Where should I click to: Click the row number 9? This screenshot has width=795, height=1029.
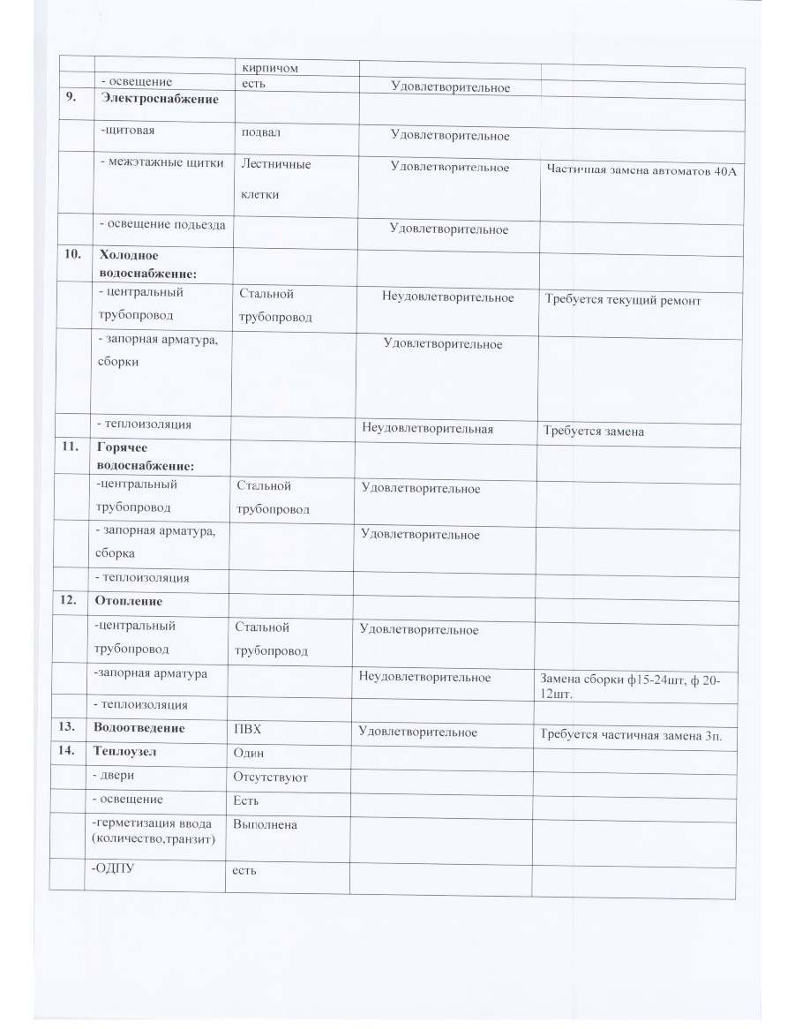pyautogui.click(x=70, y=97)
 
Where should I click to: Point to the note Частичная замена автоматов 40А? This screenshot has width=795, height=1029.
pyautogui.click(x=641, y=170)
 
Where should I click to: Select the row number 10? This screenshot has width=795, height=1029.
pyautogui.click(x=71, y=254)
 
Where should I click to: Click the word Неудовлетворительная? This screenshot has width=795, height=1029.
pyautogui.click(x=427, y=428)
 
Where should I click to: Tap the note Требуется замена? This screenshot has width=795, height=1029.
pyautogui.click(x=594, y=432)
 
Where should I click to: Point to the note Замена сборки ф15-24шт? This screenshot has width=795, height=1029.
pyautogui.click(x=629, y=686)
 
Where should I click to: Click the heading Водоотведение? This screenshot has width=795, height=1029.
pyautogui.click(x=139, y=728)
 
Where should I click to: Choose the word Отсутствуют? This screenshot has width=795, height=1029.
pyautogui.click(x=270, y=777)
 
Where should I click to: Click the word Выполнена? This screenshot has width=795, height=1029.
pyautogui.click(x=265, y=824)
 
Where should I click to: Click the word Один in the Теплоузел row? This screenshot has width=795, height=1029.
pyautogui.click(x=249, y=753)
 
